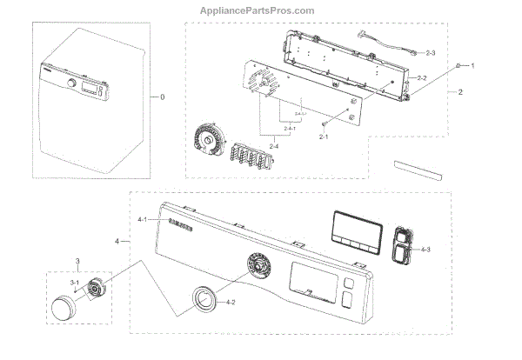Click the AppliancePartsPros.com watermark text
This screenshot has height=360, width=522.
point(260,11)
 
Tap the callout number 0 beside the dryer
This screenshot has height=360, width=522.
point(162,97)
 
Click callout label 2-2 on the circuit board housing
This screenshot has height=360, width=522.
point(421,79)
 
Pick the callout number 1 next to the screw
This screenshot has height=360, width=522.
point(472,66)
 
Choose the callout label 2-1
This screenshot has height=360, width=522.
point(323,137)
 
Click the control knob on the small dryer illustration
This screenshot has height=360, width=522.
point(68,83)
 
